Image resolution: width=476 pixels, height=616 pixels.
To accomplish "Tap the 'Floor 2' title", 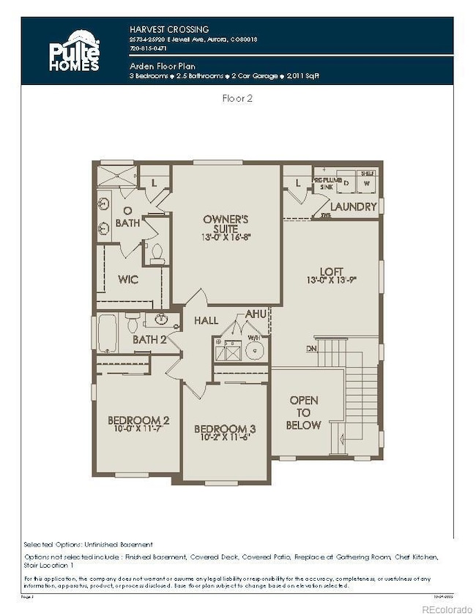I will click(237, 97).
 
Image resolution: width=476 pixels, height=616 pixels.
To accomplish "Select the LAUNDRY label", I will click(353, 207).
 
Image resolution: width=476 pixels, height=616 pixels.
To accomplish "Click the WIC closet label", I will click(128, 279).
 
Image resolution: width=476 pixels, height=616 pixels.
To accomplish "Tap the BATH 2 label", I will click(150, 339).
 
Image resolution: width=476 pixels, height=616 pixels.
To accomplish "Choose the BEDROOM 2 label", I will click(138, 420).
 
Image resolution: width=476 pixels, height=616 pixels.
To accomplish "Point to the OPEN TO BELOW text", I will click(304, 412).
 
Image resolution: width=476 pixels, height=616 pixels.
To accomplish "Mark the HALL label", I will click(207, 321).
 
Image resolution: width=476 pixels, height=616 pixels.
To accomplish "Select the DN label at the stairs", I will click(312, 348).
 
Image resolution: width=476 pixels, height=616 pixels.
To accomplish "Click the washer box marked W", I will click(367, 182).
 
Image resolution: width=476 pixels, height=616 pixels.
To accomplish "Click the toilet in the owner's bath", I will click(156, 253).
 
